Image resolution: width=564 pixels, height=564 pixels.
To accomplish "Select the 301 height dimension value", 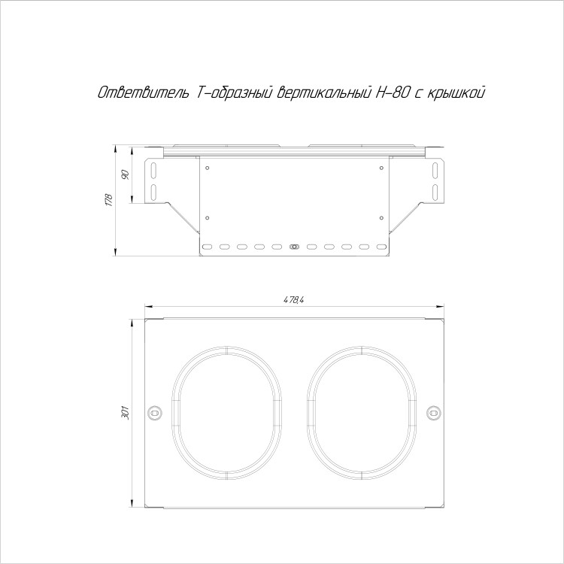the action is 125,413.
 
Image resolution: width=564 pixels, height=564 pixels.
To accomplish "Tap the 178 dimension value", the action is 109,200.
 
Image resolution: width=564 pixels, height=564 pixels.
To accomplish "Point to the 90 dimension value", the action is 126,174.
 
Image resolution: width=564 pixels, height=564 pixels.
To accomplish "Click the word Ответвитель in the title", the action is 143,92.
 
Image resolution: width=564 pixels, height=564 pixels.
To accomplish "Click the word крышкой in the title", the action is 456,93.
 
